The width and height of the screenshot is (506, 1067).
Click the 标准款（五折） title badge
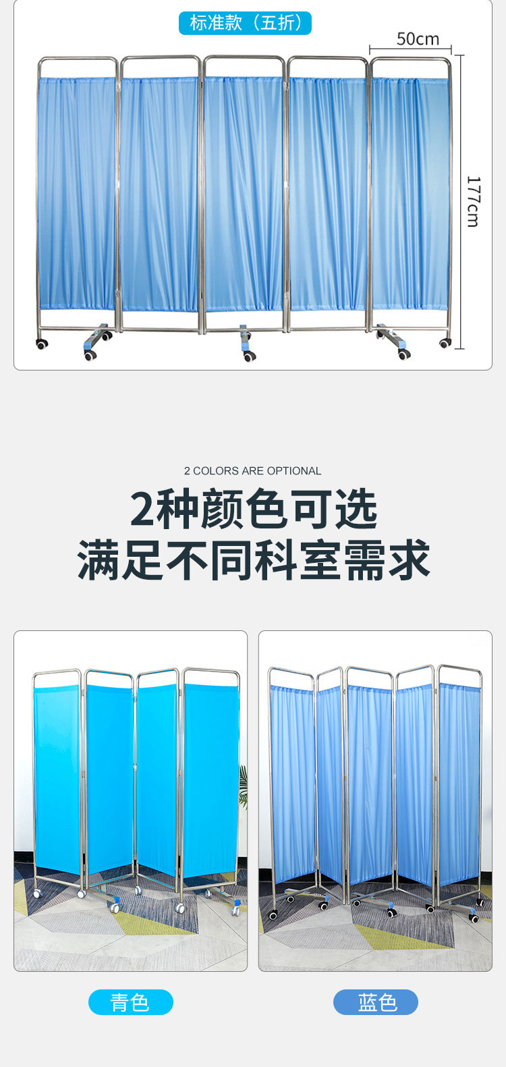pos(245,23)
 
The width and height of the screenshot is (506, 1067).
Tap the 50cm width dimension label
pos(418,39)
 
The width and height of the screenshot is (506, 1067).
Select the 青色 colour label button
pos(130,1002)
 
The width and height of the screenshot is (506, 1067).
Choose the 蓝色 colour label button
pos(376,1002)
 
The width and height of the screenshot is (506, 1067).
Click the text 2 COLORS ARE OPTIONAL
pos(252,471)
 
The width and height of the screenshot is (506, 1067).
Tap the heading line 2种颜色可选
pos(253,510)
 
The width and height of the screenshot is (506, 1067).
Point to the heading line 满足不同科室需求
pos(253,560)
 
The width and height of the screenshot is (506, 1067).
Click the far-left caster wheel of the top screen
pos(42,344)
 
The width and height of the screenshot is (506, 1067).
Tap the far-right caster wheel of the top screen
pos(445,343)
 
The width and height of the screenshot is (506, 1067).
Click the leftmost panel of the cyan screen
pos(57,776)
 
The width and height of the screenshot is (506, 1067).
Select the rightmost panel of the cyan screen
pos(210,779)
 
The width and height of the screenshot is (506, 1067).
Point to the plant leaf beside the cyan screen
pos(244,786)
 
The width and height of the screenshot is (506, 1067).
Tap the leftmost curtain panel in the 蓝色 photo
pos(292,783)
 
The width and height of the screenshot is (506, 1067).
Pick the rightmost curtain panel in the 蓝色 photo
pos(460,783)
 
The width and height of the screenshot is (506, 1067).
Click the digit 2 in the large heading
pos(142,510)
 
